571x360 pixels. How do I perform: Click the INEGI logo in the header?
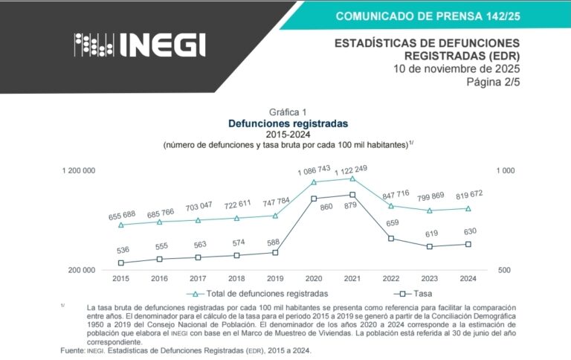click(140, 45)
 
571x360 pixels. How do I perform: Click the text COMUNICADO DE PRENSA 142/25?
click(428, 16)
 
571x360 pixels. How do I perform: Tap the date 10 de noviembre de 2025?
click(456, 69)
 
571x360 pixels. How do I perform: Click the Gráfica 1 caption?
click(288, 112)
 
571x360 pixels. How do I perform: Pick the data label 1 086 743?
click(314, 172)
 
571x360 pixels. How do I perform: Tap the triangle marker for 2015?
click(121, 225)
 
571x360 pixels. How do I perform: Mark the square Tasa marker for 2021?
click(352, 195)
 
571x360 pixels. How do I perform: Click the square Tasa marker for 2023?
click(429, 246)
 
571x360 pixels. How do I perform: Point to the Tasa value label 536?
click(123, 251)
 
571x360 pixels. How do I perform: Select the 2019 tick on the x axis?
click(275, 278)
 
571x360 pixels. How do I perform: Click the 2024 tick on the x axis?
click(468, 278)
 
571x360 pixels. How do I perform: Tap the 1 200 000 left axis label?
click(78, 171)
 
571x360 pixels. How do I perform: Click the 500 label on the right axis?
click(504, 270)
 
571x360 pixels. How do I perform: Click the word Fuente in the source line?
click(72, 350)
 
